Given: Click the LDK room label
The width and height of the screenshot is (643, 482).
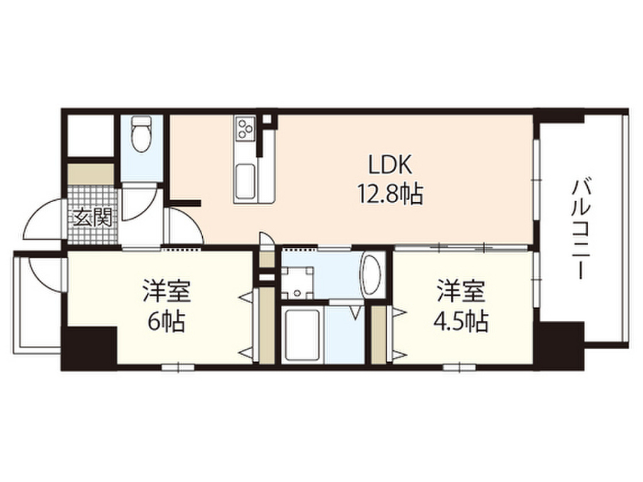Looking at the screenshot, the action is [390, 165].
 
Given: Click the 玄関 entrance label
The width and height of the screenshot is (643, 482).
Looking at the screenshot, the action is [93, 218].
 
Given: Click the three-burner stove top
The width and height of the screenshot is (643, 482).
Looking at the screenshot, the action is [245, 127].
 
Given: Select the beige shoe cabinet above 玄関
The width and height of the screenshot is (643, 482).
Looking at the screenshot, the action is [90, 175].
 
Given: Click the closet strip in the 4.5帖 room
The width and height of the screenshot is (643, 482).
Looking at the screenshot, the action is [379, 335].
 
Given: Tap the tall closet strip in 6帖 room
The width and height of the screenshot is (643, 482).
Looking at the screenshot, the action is [266, 326].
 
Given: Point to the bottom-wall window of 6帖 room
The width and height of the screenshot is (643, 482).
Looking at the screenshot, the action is [178, 367].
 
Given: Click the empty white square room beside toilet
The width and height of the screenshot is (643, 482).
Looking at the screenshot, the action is [90, 136].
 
